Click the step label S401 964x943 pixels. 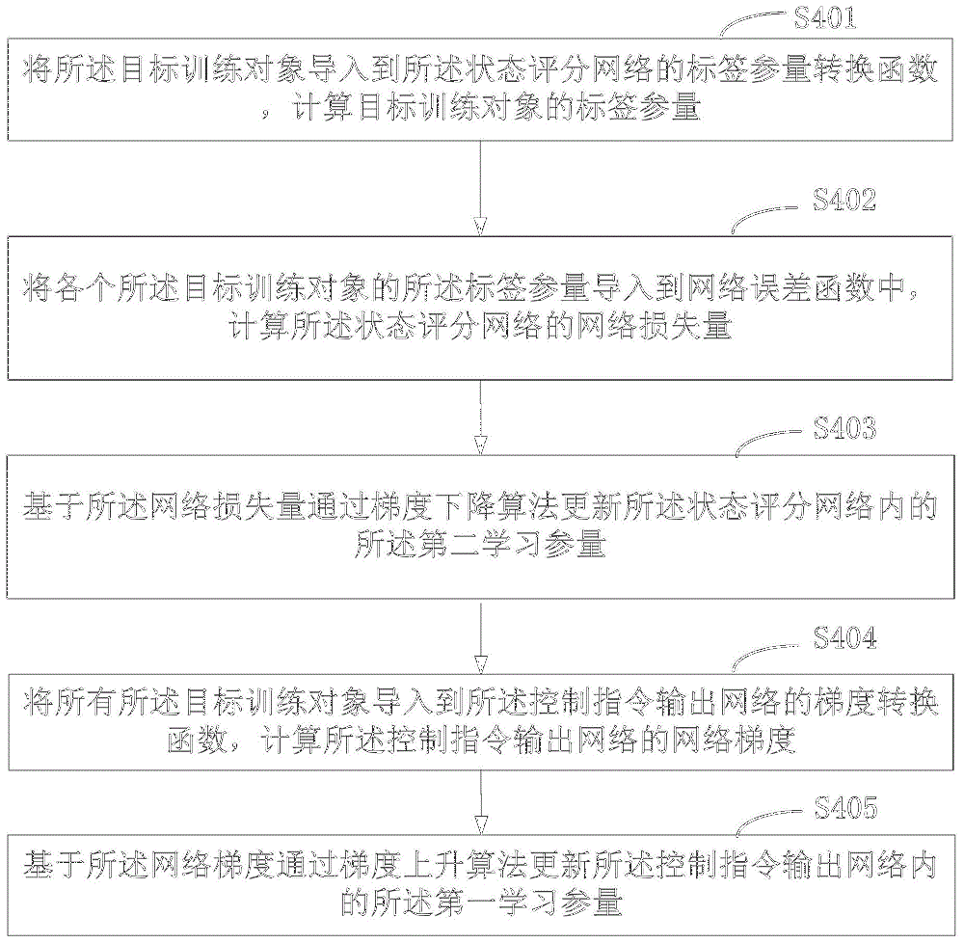tap(825, 18)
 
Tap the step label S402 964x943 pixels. tap(844, 201)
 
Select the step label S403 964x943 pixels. tap(844, 428)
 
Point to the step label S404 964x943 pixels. tap(845, 638)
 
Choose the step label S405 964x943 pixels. tap(846, 807)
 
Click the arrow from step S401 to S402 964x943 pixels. tap(480, 188)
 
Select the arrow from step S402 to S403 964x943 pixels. tap(480, 418)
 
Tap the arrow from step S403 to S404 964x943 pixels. tap(480, 637)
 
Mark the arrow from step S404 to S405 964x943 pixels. tap(480, 802)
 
